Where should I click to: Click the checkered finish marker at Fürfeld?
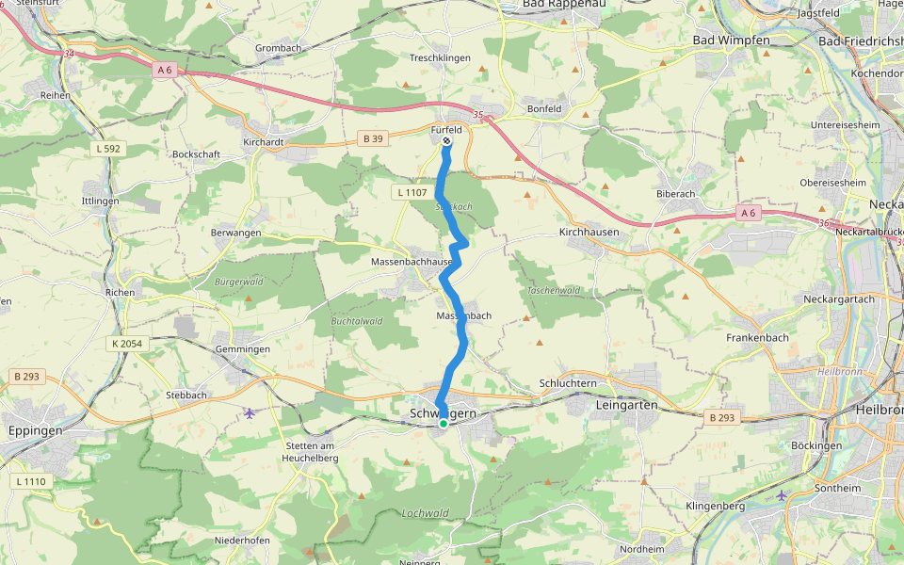tap(445, 142)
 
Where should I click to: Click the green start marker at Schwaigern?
tap(444, 424)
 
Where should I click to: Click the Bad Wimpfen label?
tap(731, 40)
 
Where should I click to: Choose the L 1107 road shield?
tap(412, 192)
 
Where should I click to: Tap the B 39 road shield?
tap(374, 138)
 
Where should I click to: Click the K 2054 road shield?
tap(126, 344)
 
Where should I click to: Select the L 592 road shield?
tap(108, 149)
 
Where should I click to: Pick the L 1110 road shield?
tap(30, 481)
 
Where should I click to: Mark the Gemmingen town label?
tap(242, 349)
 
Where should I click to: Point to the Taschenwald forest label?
tap(553, 291)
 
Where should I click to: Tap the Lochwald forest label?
tap(425, 513)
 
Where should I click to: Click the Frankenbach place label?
tap(757, 337)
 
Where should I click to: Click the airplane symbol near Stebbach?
tap(249, 412)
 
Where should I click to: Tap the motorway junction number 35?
tap(478, 116)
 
